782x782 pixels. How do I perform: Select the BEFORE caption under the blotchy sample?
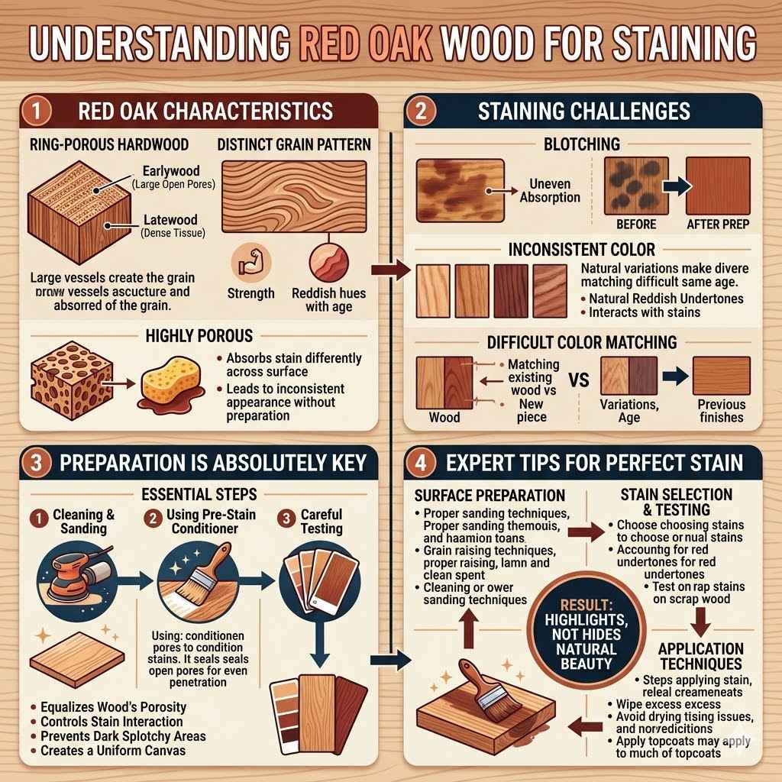click(636, 224)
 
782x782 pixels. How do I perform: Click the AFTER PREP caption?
click(717, 224)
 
